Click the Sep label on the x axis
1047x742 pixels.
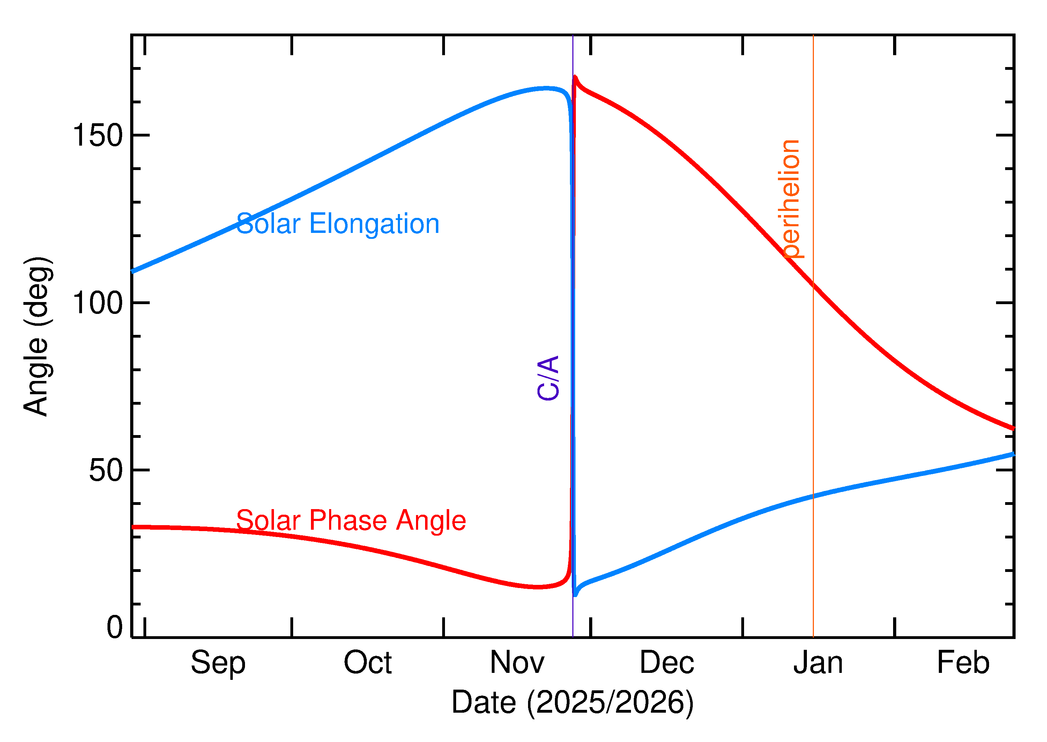pos(218,663)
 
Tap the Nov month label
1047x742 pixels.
pos(517,663)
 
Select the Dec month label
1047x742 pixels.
pos(667,663)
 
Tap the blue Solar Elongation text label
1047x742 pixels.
pos(337,224)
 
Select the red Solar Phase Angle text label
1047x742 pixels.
pos(351,520)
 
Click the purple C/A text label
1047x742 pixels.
pos(548,378)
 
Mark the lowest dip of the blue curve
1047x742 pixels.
pos(575,595)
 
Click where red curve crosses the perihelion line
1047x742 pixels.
pos(813,284)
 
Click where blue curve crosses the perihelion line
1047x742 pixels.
pos(813,496)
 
